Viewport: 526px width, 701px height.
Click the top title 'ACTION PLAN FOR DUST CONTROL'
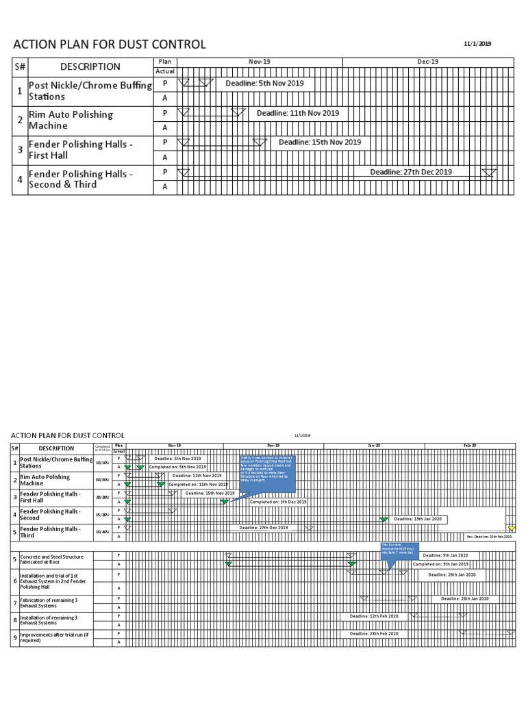point(109,44)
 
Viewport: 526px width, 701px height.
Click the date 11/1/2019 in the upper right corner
point(477,44)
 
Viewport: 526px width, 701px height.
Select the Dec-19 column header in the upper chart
point(427,62)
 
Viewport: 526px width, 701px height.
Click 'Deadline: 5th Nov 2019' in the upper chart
point(264,83)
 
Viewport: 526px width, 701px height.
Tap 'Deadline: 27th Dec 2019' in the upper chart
point(411,172)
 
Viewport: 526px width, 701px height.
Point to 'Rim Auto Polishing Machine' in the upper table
point(71,120)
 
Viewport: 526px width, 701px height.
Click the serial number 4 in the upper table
point(20,179)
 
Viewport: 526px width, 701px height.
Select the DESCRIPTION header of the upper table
point(90,66)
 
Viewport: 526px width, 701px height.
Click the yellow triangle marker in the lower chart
point(511,528)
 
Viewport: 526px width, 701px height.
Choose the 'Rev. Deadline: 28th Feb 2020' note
point(488,537)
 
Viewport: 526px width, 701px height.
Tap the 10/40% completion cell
point(101,532)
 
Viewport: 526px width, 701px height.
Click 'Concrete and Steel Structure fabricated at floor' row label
point(51,559)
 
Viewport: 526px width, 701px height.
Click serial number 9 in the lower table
point(14,638)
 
